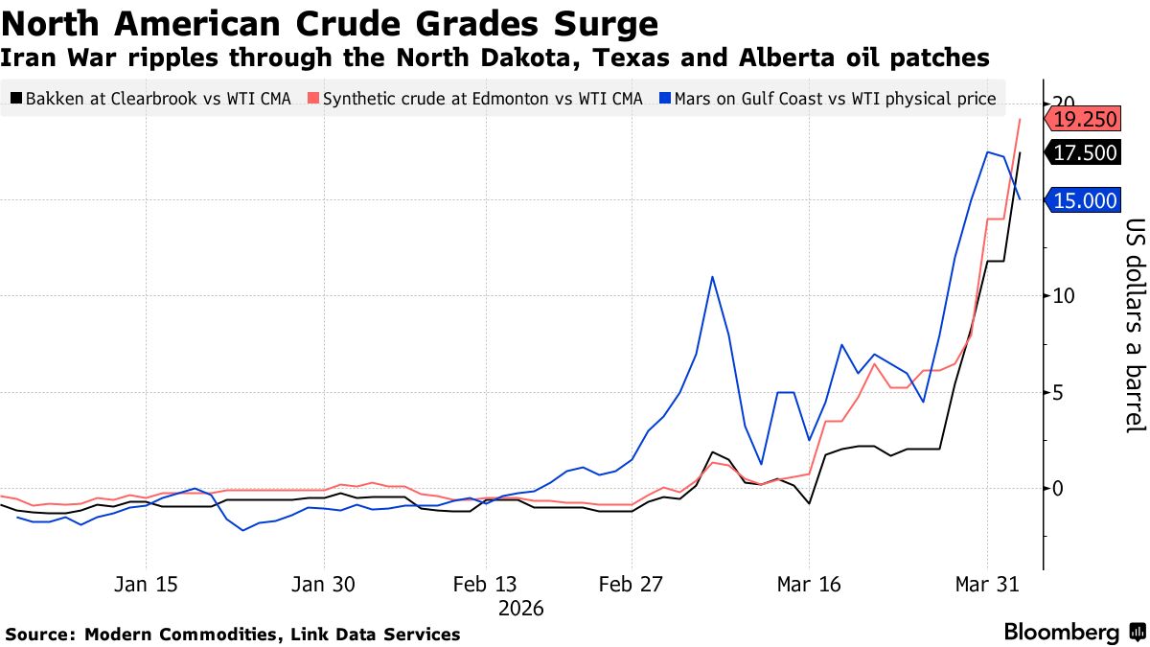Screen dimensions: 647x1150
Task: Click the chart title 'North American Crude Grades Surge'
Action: pyautogui.click(x=331, y=23)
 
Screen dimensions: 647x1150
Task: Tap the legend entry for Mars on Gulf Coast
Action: pyautogui.click(x=828, y=98)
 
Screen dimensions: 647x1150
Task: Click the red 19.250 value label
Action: pyautogui.click(x=1085, y=120)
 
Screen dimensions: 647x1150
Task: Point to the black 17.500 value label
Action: pyautogui.click(x=1085, y=153)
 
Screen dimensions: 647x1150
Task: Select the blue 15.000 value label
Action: pyautogui.click(x=1085, y=200)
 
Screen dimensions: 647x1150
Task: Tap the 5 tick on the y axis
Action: pyautogui.click(x=1058, y=392)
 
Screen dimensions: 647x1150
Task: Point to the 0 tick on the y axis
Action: pyautogui.click(x=1058, y=488)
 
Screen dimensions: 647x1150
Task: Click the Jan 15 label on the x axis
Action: pyautogui.click(x=147, y=585)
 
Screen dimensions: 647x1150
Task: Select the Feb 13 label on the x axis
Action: pyautogui.click(x=485, y=585)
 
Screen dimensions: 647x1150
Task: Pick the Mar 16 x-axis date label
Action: pyautogui.click(x=809, y=585)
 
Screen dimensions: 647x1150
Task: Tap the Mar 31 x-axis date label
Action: pyautogui.click(x=986, y=585)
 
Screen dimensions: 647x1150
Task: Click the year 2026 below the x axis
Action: pyautogui.click(x=521, y=609)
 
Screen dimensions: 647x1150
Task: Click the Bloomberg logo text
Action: pyautogui.click(x=1061, y=633)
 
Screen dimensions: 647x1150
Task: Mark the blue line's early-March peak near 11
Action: pyautogui.click(x=712, y=277)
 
